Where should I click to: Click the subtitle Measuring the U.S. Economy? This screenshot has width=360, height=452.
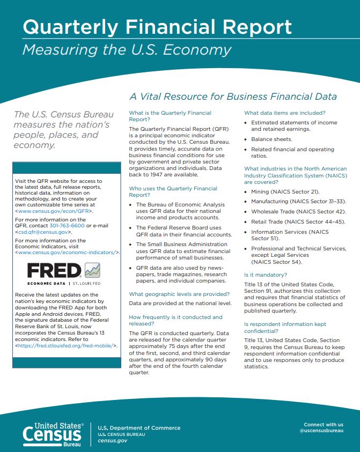[127, 50]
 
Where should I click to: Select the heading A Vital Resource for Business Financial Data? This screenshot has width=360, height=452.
[233, 97]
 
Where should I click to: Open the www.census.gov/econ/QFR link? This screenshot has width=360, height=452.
[54, 211]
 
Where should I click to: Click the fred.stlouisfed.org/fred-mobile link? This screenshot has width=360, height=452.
[67, 346]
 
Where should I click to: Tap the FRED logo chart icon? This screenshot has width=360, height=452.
[93, 270]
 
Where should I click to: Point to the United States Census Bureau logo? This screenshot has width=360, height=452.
[53, 434]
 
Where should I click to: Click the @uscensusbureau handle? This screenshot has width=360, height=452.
[321, 431]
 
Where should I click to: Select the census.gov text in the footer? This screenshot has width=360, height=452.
[112, 440]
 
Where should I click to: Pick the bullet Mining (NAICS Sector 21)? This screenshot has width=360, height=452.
[285, 191]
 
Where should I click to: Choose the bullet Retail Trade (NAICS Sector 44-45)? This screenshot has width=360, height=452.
[298, 221]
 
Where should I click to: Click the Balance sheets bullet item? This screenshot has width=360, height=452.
[272, 139]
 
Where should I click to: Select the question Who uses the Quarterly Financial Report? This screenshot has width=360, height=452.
[173, 192]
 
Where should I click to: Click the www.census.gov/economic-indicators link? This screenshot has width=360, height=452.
[67, 251]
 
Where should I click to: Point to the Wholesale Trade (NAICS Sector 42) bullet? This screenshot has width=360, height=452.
[298, 211]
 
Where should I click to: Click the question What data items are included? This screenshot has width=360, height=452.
[284, 113]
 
